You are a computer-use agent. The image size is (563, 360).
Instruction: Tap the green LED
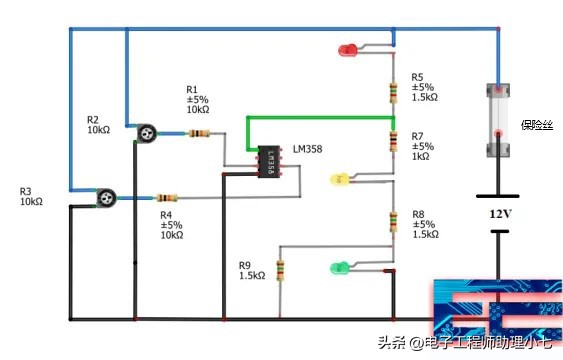point(339,267)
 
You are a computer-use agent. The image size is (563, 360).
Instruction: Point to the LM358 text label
point(307,149)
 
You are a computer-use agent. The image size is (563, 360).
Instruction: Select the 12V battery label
point(502,215)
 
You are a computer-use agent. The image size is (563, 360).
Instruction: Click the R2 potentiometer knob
point(146,132)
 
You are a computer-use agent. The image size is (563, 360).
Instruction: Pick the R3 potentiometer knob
point(103,197)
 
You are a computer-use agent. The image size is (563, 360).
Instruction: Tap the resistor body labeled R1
point(198,134)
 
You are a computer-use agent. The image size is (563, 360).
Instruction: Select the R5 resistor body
point(394,92)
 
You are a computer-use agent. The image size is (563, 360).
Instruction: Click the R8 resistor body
point(394,222)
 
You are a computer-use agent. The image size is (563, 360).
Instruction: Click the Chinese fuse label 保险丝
point(537,125)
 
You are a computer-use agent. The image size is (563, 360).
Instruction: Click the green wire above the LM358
point(320,118)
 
